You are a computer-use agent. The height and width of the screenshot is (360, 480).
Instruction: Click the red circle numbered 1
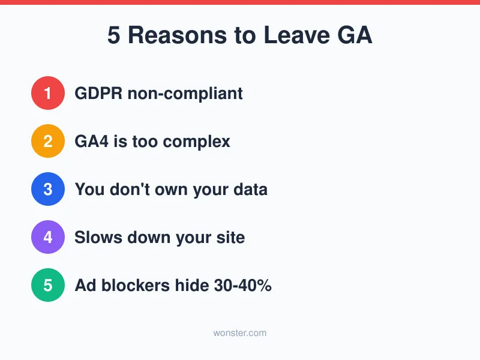pyautogui.click(x=48, y=93)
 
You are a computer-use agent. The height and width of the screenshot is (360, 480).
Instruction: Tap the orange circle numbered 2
pyautogui.click(x=48, y=141)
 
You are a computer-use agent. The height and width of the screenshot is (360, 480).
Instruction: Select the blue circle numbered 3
pyautogui.click(x=48, y=189)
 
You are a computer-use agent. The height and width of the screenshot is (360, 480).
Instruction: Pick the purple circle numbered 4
pyautogui.click(x=48, y=237)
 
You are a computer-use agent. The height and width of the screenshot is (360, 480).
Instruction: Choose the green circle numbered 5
pyautogui.click(x=48, y=285)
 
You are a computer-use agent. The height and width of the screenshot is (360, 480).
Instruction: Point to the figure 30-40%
pyautogui.click(x=242, y=286)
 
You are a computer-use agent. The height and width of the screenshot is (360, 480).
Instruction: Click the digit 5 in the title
pyautogui.click(x=114, y=36)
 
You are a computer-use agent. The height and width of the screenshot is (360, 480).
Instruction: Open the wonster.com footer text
pyautogui.click(x=240, y=332)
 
